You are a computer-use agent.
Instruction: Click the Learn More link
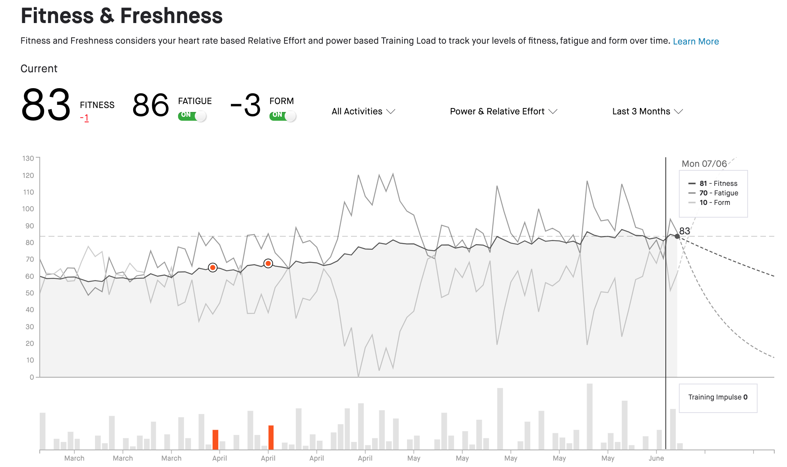point(696,41)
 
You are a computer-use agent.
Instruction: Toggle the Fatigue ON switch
point(192,116)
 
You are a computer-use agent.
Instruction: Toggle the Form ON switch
point(283,116)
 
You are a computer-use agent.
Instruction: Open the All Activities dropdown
point(363,112)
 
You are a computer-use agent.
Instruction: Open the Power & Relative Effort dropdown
point(503,112)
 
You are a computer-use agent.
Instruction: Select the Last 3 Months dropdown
point(647,112)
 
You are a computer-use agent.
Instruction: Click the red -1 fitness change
point(84,118)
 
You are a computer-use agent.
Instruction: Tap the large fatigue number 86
point(151,105)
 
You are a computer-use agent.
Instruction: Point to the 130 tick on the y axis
point(28,158)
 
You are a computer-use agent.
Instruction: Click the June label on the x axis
point(656,458)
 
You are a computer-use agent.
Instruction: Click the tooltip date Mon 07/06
point(704,164)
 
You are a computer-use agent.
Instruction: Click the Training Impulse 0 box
point(718,398)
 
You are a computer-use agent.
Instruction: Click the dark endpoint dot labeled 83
point(677,236)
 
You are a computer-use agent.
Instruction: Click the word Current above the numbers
point(39,69)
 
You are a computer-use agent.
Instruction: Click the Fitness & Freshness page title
point(122,16)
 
